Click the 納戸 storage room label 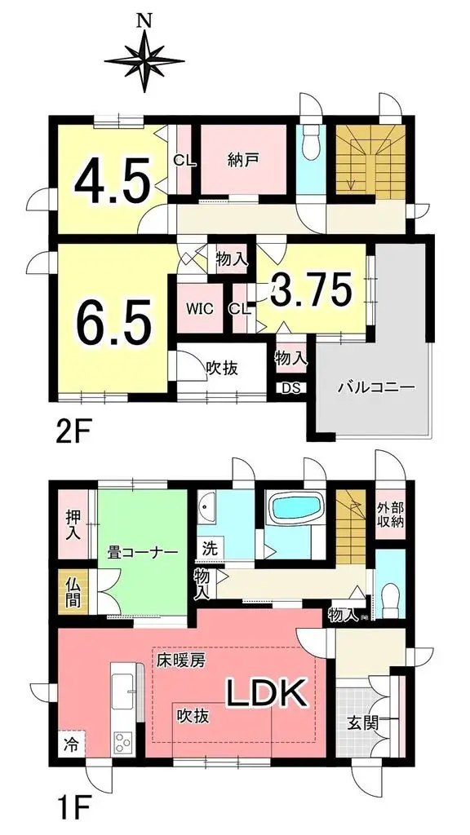point(242,160)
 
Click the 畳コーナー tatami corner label point(140,552)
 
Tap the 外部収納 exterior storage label point(390,513)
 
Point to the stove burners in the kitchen point(123,741)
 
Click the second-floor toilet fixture point(310,147)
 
